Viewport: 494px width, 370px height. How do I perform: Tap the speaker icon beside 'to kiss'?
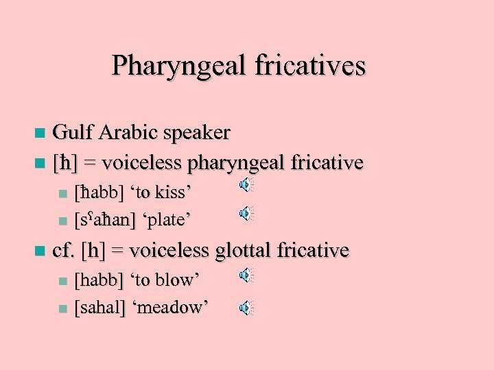tap(246, 185)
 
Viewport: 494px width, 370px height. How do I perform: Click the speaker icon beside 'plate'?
tap(246, 214)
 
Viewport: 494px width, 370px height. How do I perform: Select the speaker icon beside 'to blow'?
tap(246, 275)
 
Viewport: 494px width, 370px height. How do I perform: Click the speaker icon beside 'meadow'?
tap(246, 308)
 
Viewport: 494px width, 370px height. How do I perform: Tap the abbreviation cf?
tap(64, 251)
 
